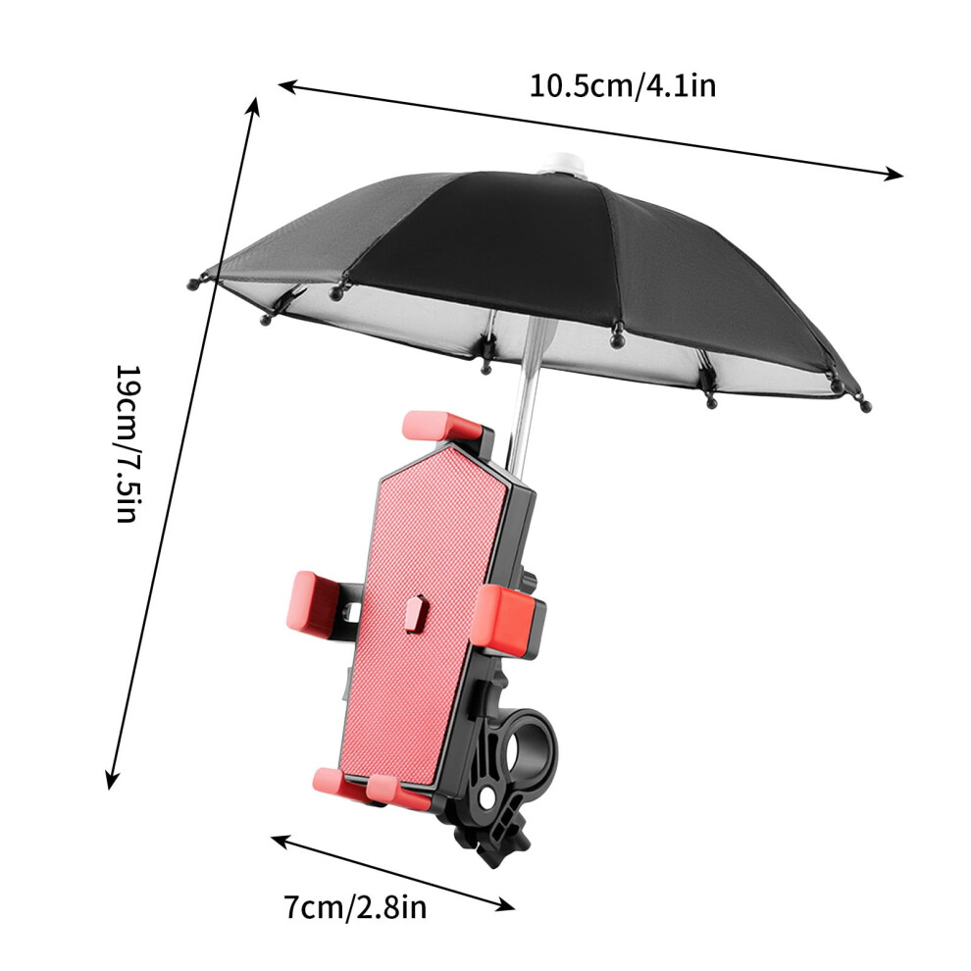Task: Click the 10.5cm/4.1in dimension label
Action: pyautogui.click(x=623, y=85)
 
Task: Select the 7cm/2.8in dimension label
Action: pyautogui.click(x=355, y=908)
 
